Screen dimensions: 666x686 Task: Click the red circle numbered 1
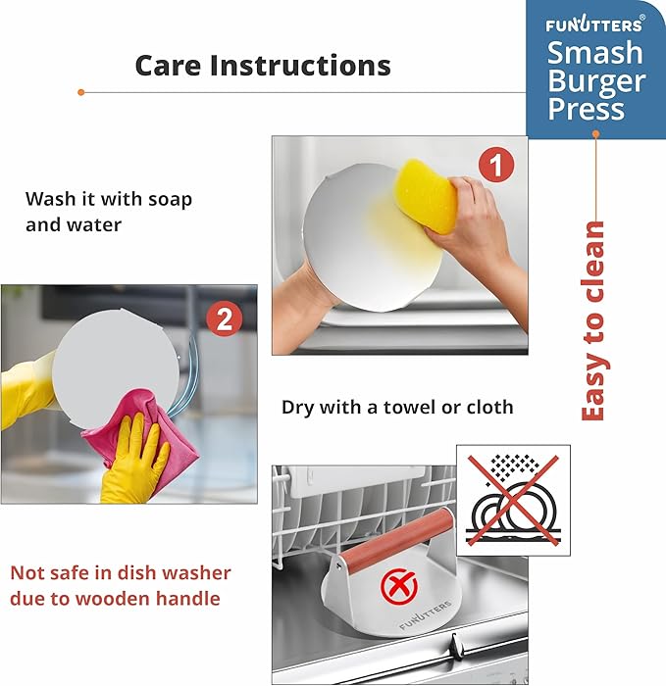click(495, 165)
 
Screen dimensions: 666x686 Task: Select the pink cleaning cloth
click(140, 440)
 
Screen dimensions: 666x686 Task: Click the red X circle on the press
click(399, 587)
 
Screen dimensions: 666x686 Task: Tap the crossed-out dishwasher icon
click(513, 500)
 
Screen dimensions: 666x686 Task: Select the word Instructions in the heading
click(300, 66)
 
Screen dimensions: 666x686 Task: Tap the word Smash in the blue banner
click(595, 53)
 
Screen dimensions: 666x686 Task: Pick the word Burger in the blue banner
click(596, 81)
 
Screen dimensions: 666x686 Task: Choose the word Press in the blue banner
click(586, 109)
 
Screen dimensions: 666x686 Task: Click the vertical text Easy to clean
click(592, 320)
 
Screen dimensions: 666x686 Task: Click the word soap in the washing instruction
click(170, 200)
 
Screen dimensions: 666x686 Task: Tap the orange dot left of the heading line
click(80, 92)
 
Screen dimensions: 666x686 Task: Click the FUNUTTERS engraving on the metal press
click(425, 614)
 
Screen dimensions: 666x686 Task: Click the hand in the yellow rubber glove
click(135, 460)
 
